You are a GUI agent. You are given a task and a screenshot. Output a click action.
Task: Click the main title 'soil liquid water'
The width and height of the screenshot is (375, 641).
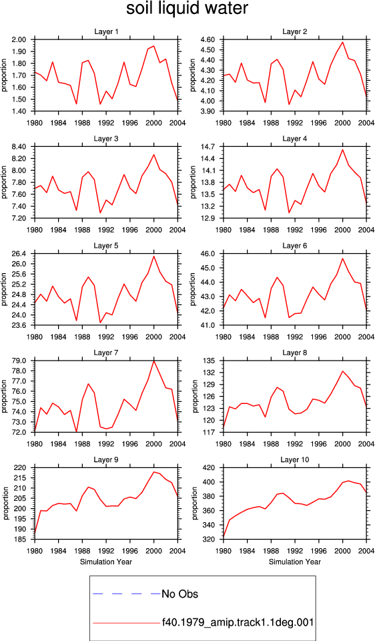coord(187,9)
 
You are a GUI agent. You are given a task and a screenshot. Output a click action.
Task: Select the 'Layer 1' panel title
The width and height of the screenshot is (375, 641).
coord(106,31)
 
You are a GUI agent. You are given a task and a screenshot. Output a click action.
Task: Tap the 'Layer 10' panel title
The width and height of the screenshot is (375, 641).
coord(295,460)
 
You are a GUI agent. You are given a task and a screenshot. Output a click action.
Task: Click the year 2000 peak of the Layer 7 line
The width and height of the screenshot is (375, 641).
coord(153,361)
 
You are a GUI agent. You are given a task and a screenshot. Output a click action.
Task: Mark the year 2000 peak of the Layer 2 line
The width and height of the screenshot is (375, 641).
coord(343,42)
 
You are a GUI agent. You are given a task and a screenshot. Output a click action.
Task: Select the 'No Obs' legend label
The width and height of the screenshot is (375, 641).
coord(179,594)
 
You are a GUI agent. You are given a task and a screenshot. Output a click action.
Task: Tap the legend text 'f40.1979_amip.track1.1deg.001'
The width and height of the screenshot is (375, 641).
coord(238,623)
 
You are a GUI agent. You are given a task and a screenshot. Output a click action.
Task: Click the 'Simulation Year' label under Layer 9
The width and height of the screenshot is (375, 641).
coord(106,562)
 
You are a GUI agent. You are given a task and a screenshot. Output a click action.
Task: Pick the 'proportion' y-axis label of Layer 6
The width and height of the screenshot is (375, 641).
coord(192,289)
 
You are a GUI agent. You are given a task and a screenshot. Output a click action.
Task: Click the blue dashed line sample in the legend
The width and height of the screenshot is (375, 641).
coord(127,594)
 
